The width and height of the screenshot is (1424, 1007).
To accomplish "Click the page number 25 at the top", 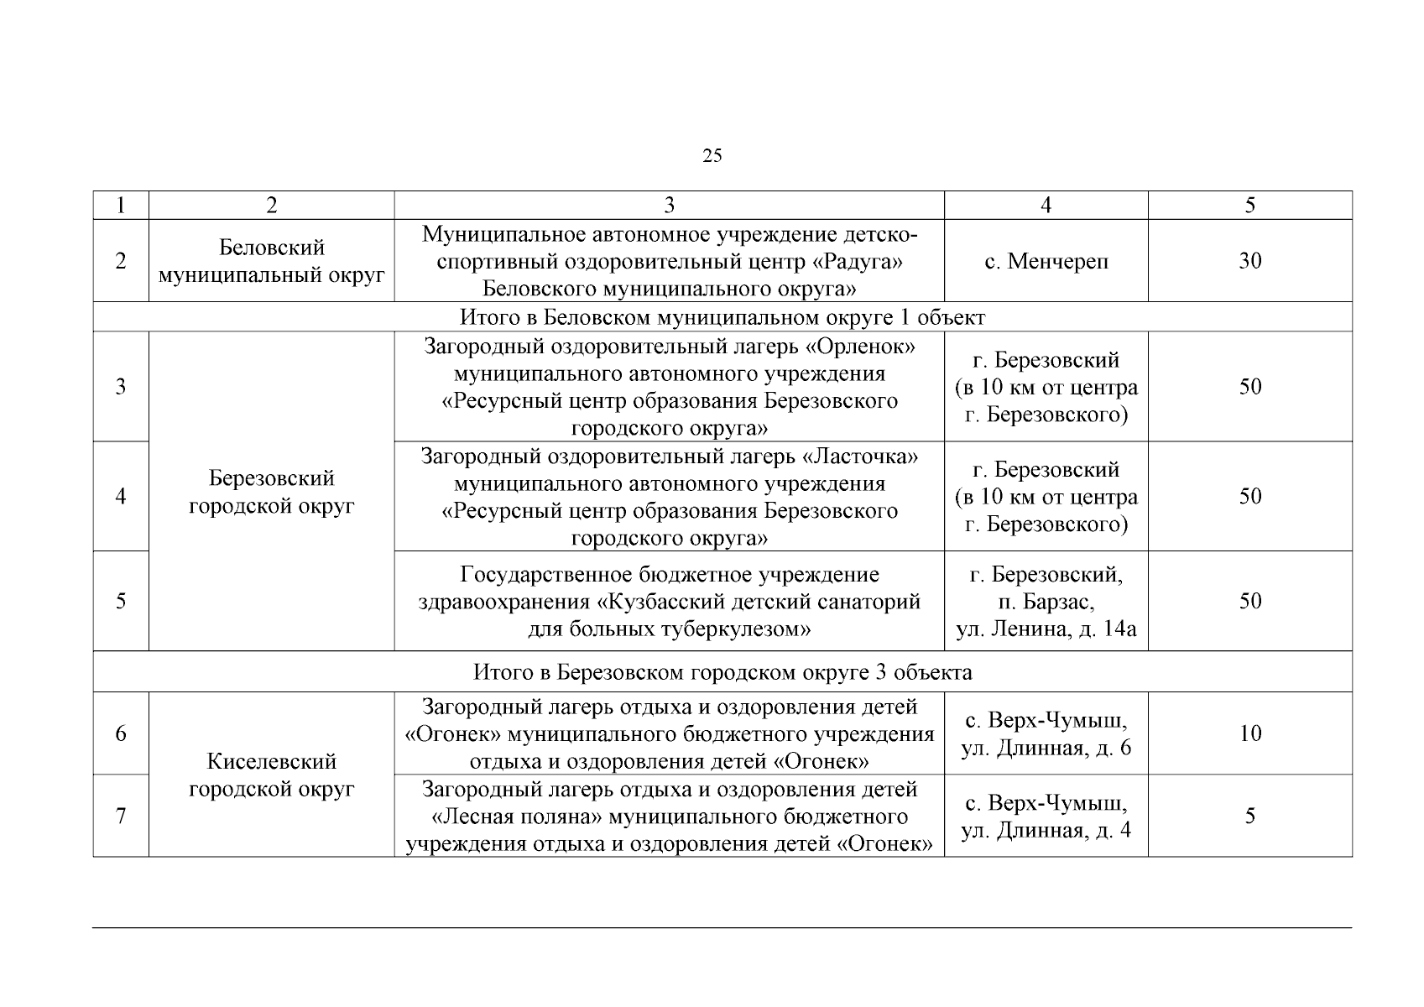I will tap(712, 155).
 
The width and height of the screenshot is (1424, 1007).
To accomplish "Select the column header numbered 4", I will tap(1046, 206).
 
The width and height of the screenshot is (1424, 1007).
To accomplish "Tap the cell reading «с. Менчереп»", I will tap(1046, 261).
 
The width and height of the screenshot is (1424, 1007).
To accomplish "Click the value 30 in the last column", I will tap(1249, 261).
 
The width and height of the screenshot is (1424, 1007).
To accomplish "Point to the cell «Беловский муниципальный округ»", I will tap(271, 261).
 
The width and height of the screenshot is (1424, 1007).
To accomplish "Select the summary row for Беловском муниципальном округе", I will tap(722, 317).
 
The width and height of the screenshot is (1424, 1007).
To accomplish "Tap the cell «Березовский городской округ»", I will tap(271, 492).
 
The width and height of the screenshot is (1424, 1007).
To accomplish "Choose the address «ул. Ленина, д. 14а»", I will tap(1046, 629).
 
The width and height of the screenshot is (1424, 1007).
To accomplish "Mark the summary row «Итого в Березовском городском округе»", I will tap(722, 672).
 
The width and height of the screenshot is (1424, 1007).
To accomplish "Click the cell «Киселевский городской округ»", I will tap(271, 775).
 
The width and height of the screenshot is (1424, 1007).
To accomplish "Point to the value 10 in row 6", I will tap(1249, 733).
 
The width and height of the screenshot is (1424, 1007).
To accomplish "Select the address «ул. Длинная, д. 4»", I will tap(1046, 830).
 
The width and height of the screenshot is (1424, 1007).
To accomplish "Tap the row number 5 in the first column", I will tap(121, 601).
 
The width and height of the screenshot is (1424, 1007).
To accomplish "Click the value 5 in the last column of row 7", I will tap(1249, 816).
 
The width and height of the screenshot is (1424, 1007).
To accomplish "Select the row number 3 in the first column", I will tap(121, 387).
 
